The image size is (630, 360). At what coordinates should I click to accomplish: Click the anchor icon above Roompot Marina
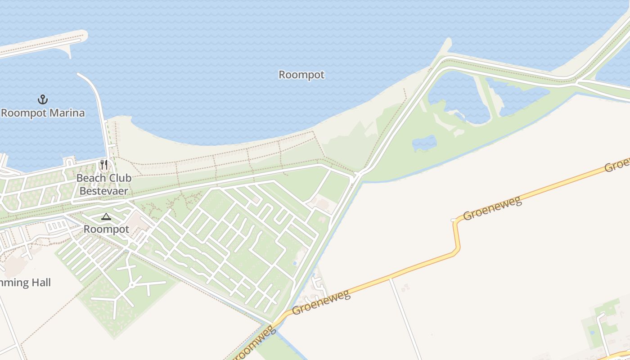tap(43, 99)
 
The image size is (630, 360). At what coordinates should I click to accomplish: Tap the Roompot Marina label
tap(43, 112)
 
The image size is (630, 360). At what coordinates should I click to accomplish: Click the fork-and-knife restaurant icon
tap(104, 165)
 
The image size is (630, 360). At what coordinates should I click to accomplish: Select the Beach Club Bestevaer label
tap(104, 184)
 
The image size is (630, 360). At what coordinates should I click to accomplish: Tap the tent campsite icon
tap(106, 217)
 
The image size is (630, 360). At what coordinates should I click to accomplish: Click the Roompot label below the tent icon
tap(106, 229)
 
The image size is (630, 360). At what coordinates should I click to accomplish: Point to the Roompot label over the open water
tap(301, 75)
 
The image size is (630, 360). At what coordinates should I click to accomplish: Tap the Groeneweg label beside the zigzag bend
tap(492, 208)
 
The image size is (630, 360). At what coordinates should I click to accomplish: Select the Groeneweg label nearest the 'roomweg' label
tap(321, 303)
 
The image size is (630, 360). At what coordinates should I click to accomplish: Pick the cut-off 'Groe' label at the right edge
tap(617, 165)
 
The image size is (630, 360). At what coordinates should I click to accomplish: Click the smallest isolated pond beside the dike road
tap(424, 143)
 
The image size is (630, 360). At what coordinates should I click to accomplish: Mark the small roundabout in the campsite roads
tap(131, 285)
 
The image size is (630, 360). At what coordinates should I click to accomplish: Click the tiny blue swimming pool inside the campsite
tap(295, 263)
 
